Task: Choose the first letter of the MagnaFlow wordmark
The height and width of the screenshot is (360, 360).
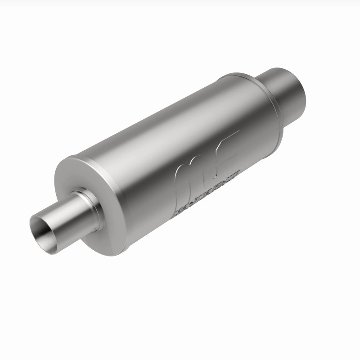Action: click(176, 213)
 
